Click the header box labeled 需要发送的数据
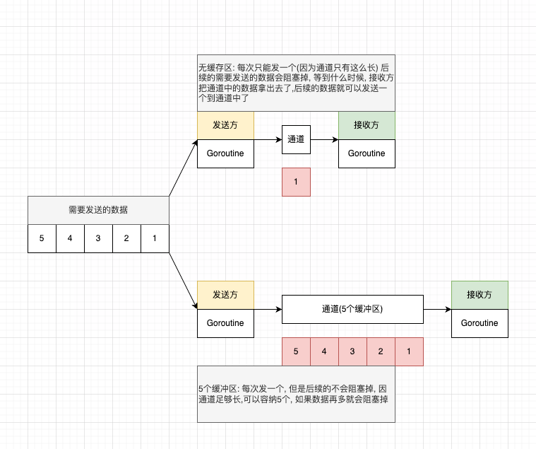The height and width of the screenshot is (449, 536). point(98,210)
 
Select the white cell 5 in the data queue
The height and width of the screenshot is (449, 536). point(42,238)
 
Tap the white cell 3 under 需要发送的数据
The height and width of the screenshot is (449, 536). point(98,238)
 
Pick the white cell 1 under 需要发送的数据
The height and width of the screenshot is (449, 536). point(155,238)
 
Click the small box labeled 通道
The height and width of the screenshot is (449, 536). point(296,139)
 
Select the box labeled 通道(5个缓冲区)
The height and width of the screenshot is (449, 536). point(352,309)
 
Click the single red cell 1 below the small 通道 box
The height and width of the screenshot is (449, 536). point(296,182)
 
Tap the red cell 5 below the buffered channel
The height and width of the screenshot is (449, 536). point(296,351)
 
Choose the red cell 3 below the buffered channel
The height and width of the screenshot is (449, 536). point(352,351)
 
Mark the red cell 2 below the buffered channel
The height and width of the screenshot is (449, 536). point(381,351)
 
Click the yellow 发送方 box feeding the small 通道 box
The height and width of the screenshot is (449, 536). point(225,125)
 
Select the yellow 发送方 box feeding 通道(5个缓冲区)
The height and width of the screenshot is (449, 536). point(225,295)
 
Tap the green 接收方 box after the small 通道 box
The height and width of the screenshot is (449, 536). point(367,125)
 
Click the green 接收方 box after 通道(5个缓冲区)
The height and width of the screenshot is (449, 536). point(480,295)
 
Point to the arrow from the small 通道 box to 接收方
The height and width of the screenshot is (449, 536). point(324,139)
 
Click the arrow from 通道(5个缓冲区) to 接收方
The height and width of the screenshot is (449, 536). point(437,309)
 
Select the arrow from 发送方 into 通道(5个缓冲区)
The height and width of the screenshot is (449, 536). point(268,309)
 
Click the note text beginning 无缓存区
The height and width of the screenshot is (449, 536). point(296,83)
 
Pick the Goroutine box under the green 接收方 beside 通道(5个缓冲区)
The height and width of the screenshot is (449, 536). point(480,323)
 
